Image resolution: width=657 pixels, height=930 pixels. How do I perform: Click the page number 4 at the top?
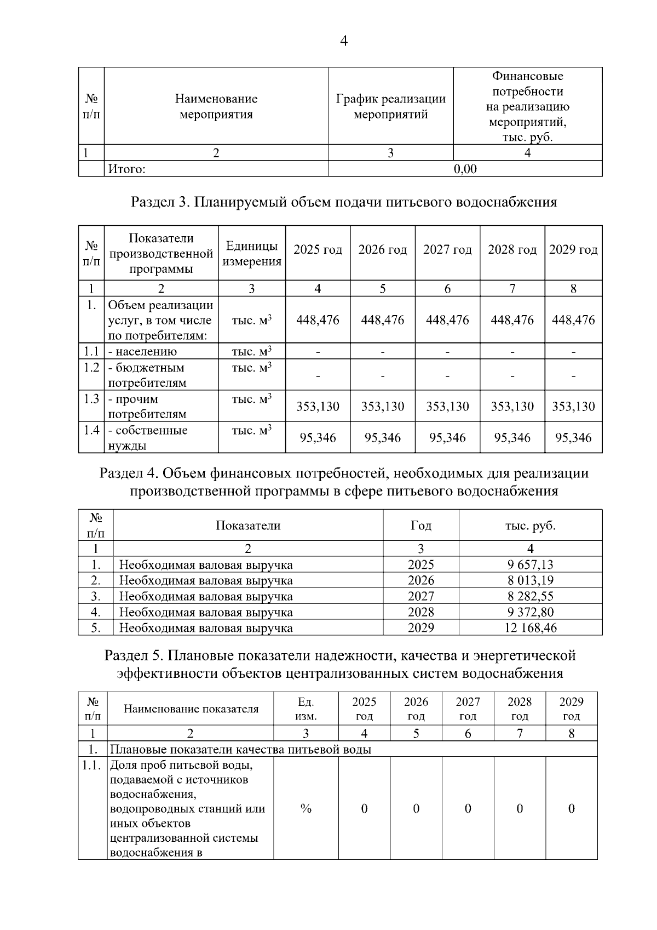(x=344, y=41)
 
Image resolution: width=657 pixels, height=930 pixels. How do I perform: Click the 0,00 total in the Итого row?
(x=465, y=169)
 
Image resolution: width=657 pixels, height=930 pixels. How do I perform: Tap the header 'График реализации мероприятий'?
(x=390, y=107)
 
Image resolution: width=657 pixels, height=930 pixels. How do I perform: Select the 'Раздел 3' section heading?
(x=343, y=202)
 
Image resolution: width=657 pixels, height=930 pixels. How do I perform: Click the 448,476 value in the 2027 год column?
(x=447, y=320)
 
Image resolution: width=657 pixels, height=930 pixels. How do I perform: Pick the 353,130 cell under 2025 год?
(x=318, y=407)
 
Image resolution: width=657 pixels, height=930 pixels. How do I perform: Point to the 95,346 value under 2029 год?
(x=573, y=438)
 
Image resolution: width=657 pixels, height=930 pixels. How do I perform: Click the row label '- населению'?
(x=142, y=351)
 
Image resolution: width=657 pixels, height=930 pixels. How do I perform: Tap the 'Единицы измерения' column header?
(x=252, y=254)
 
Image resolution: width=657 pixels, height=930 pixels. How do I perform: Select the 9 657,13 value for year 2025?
(x=530, y=564)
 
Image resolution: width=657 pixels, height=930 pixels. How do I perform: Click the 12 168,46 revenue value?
(x=530, y=628)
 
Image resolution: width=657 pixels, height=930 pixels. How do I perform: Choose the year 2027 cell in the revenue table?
(x=420, y=596)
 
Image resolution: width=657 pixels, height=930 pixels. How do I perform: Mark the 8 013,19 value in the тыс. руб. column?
(x=530, y=580)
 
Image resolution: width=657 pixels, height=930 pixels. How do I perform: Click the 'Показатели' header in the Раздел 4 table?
(x=247, y=526)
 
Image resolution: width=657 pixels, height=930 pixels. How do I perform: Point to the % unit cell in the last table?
(x=306, y=809)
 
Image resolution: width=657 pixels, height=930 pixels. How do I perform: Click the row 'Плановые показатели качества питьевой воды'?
(x=241, y=749)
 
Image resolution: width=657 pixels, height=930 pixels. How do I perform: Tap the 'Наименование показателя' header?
(x=191, y=709)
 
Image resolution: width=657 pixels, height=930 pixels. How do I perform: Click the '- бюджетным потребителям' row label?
(x=147, y=375)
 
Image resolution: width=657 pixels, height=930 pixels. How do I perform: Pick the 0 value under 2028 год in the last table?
(x=520, y=809)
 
